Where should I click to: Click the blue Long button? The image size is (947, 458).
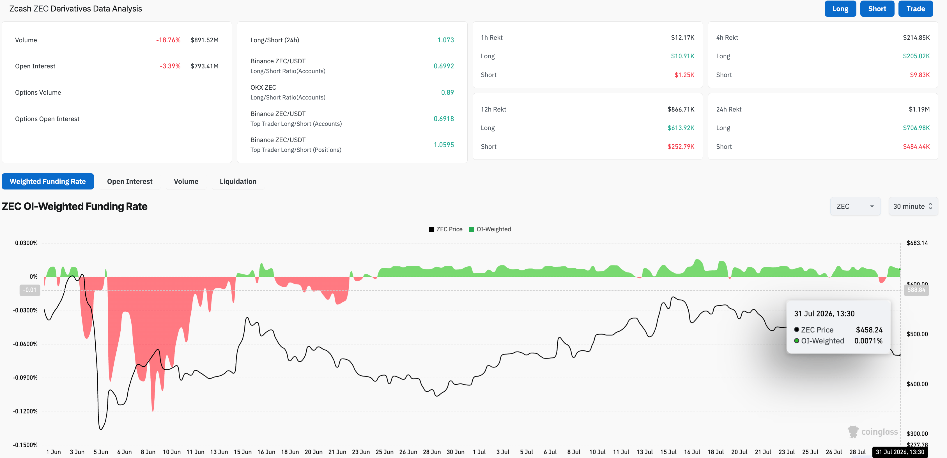pos(840,9)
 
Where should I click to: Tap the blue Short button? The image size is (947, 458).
pos(877,9)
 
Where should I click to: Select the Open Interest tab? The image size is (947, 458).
pos(130,181)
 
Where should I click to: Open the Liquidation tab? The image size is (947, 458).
pos(238,181)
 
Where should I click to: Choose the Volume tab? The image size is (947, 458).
pos(186,181)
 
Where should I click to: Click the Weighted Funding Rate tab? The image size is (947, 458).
pos(48,181)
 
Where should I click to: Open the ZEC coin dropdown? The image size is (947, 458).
pos(855,206)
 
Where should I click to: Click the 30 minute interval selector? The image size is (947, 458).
pos(913,206)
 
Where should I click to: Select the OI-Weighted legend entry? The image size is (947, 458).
pos(490,229)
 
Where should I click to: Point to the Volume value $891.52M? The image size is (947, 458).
pos(204,40)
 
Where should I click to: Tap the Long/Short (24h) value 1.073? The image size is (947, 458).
pos(445,40)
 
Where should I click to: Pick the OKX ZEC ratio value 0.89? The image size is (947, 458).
pos(447,92)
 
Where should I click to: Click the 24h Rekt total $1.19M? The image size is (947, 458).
pos(919,109)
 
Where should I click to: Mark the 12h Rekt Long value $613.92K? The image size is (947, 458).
pos(681,128)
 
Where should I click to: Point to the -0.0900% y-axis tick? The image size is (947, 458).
pos(25,378)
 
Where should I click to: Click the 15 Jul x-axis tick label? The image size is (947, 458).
pos(668,452)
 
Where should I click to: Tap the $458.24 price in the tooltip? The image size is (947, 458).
pos(869,330)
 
